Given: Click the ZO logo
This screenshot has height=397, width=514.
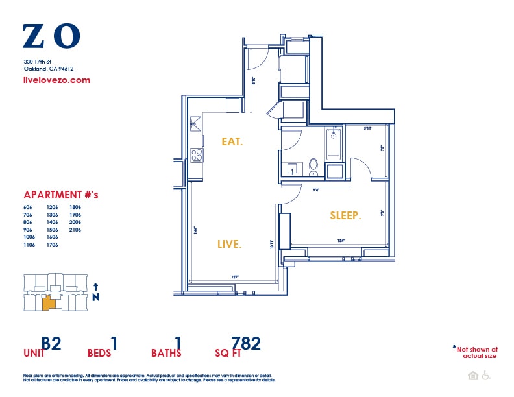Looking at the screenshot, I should tap(51, 36).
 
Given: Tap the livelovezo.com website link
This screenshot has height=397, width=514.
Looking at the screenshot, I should tap(56, 80).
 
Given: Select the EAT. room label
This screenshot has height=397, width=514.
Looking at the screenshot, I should tap(232, 141).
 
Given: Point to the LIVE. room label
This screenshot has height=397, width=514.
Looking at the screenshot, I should tap(229, 245).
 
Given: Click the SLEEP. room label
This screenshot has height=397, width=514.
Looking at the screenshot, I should tap(345, 215).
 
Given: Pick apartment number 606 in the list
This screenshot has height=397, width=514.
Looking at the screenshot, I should tap(27, 206).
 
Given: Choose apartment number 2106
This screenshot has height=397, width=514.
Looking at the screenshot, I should tap(75, 230).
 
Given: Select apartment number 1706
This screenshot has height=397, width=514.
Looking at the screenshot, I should tap(52, 245).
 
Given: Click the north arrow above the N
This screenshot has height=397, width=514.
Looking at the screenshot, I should tap(96, 286).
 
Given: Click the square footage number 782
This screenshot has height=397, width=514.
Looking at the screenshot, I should tap(246, 343).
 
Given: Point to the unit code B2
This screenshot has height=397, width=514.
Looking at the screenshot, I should tap(51, 343).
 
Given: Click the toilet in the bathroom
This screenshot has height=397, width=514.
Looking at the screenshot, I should tap(313, 167).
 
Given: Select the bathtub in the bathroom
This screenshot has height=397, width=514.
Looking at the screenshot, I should tap(334, 143).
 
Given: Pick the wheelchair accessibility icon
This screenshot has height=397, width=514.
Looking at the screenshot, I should tap(485, 376).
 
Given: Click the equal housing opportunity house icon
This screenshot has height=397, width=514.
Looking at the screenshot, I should tap(472, 376).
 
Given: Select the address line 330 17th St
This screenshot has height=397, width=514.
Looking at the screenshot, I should tap(38, 61).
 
